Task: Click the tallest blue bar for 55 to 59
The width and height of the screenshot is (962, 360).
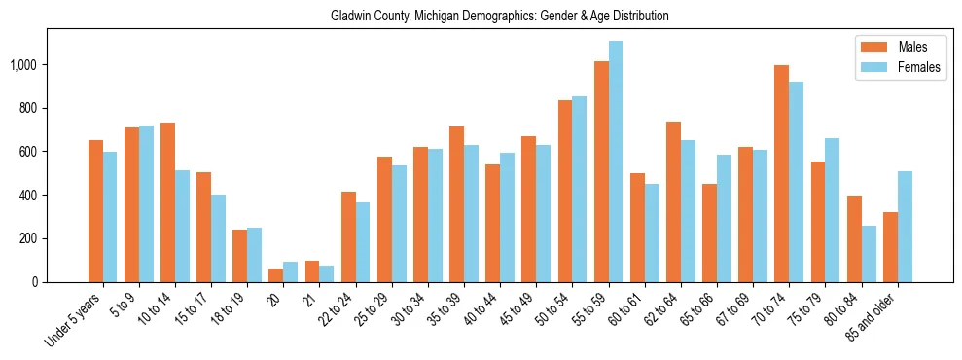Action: tap(616, 162)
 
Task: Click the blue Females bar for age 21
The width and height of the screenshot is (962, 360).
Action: tap(327, 273)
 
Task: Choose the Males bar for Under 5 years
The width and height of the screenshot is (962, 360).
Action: tap(95, 211)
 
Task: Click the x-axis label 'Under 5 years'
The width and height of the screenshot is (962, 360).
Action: tap(76, 319)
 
